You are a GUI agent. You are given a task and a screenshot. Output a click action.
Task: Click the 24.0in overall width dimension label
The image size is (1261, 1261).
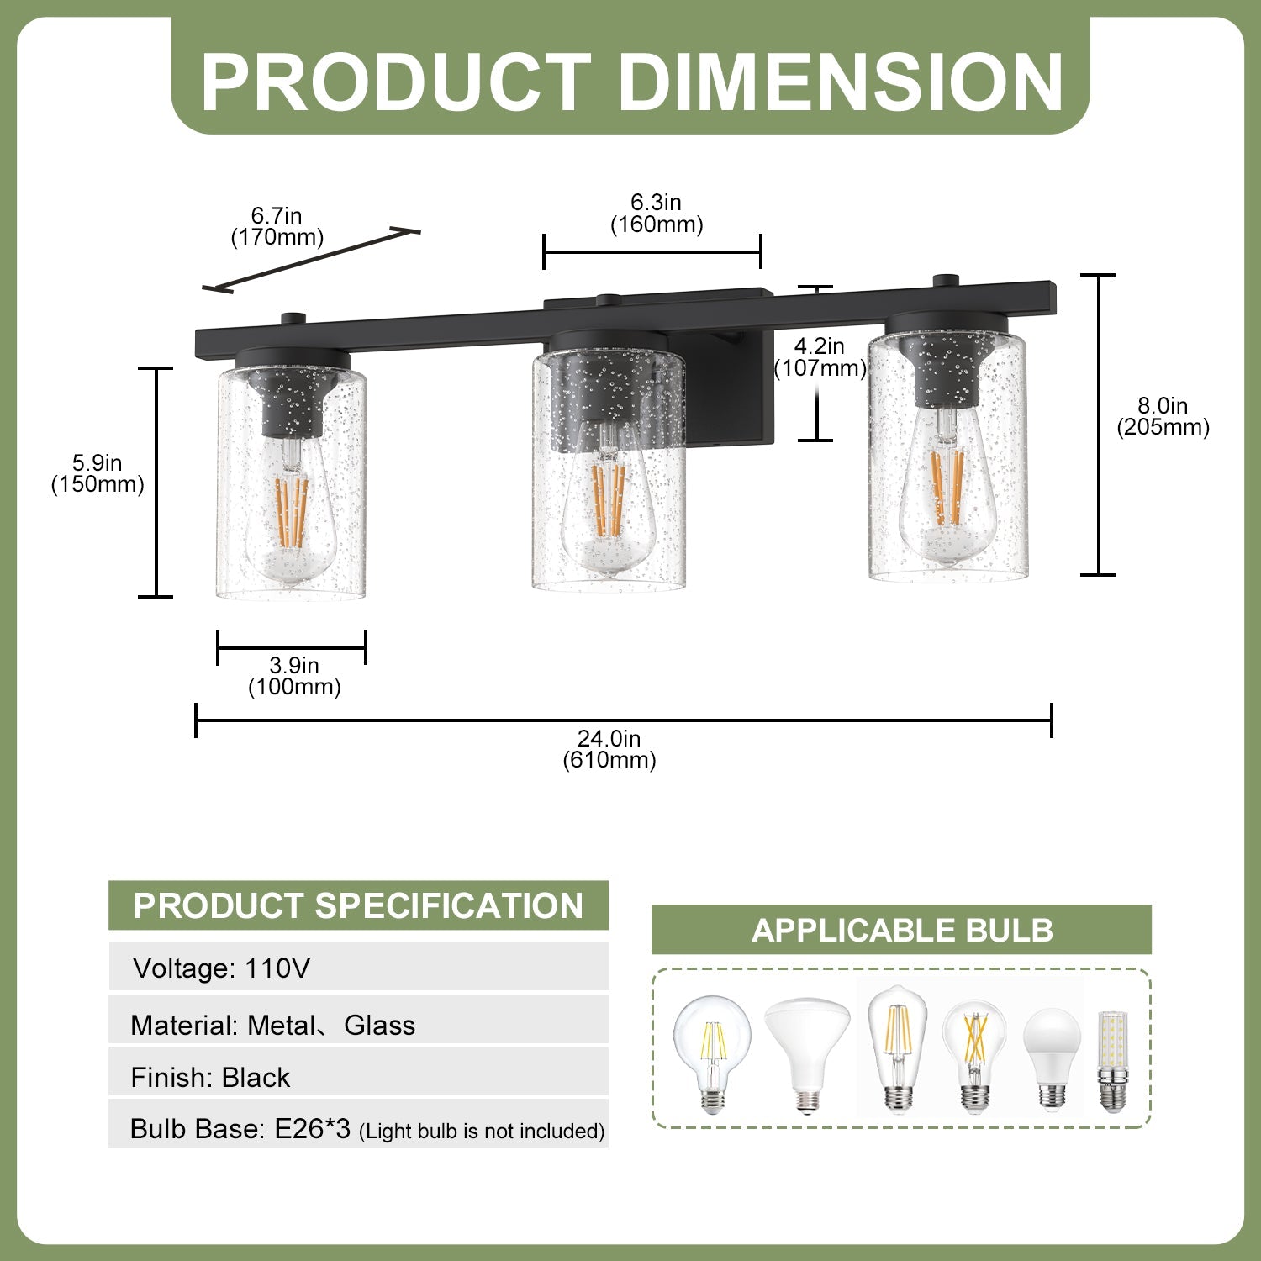pyautogui.click(x=609, y=749)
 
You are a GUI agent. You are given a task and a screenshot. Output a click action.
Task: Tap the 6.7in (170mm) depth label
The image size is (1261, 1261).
pyautogui.click(x=277, y=226)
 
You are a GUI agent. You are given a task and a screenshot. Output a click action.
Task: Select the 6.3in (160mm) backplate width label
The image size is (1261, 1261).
pyautogui.click(x=657, y=214)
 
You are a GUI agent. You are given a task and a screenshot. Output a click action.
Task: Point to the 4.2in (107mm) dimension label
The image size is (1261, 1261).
pyautogui.click(x=820, y=357)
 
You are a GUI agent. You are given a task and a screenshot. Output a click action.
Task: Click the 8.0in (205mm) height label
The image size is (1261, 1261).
pyautogui.click(x=1163, y=417)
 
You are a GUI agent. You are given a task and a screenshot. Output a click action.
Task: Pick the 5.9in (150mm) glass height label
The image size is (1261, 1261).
pyautogui.click(x=98, y=473)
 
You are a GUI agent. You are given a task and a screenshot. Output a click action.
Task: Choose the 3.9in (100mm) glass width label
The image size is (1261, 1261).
pyautogui.click(x=294, y=676)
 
